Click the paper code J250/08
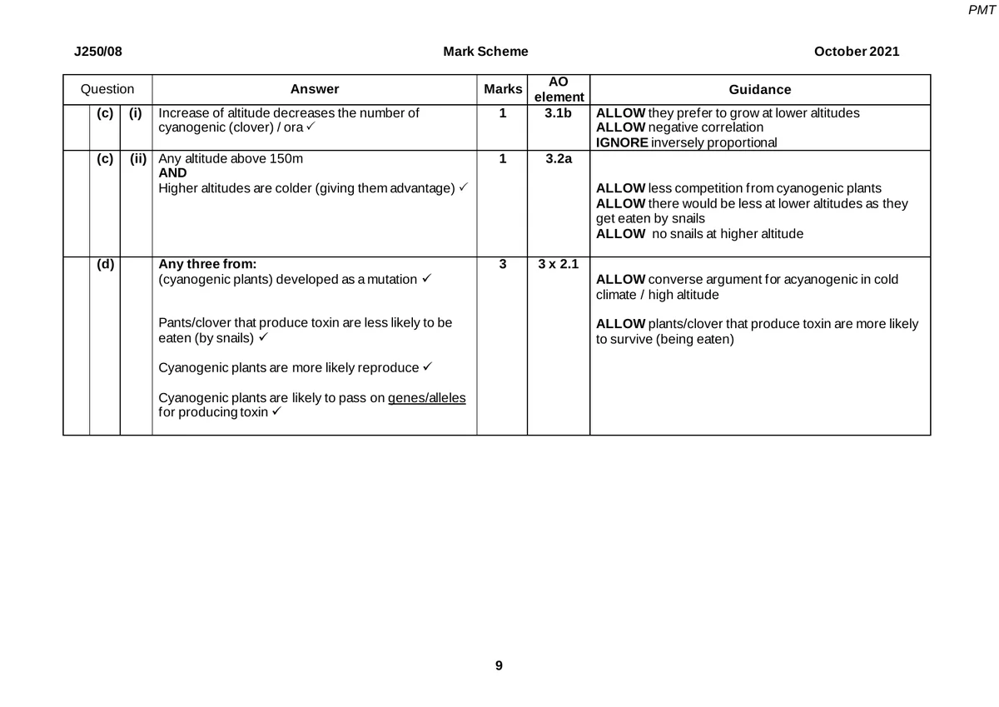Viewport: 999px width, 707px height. [98, 52]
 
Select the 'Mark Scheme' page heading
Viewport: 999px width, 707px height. [486, 52]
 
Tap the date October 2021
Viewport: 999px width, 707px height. [857, 52]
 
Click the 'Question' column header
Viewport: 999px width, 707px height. [107, 89]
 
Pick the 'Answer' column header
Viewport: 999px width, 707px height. [315, 89]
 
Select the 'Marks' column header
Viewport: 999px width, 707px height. [503, 89]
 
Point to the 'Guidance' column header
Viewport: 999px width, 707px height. [759, 89]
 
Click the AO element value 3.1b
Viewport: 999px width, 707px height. [558, 113]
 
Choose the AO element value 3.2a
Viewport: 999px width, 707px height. [558, 158]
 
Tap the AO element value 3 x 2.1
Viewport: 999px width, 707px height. [558, 265]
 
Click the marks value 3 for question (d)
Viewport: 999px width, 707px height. [502, 265]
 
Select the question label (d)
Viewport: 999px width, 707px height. [105, 265]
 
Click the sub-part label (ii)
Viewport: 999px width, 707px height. [137, 158]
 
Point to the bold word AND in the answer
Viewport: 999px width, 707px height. [172, 173]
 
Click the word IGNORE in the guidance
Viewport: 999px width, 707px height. [621, 142]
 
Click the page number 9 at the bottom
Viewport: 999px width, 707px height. [499, 665]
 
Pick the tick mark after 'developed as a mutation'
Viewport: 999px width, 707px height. [426, 279]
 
